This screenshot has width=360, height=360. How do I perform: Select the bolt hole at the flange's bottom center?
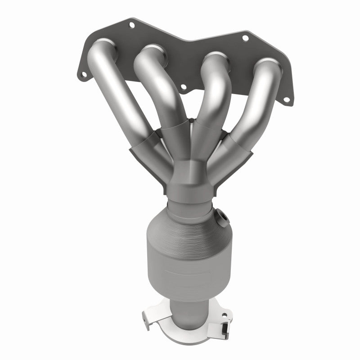(x=183, y=86)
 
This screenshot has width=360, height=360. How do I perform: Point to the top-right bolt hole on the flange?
(x=245, y=39)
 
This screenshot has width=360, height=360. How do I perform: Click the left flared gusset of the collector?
(x=144, y=157)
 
